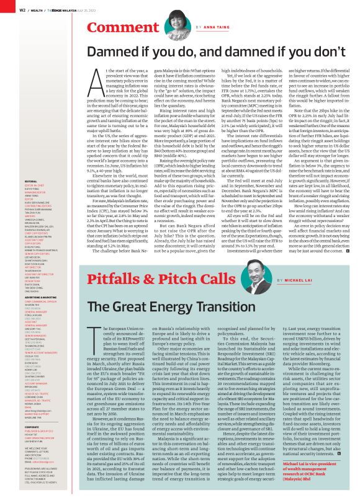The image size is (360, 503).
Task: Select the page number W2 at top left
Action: [22, 9]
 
